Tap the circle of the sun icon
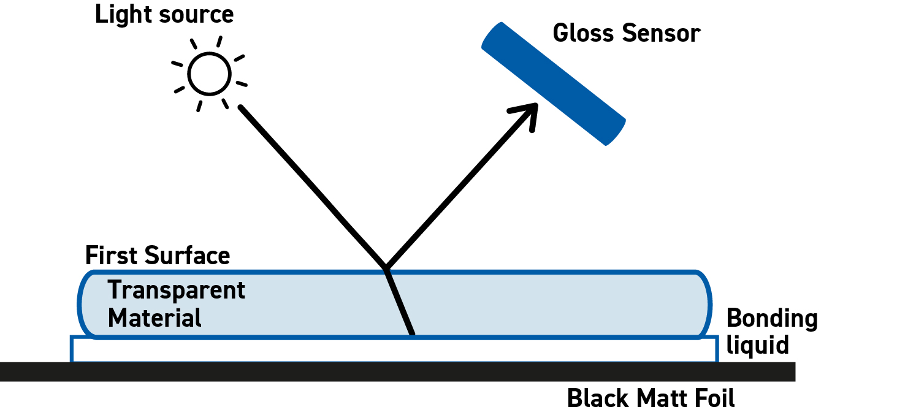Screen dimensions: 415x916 [209, 74]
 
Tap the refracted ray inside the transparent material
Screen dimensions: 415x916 [399, 302]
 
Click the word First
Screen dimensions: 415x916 [112, 255]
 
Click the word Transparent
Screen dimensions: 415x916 [177, 290]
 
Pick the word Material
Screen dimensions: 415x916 [155, 318]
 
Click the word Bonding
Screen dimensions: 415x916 [772, 319]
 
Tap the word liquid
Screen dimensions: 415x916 [757, 345]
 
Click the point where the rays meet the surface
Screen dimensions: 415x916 [385, 268]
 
